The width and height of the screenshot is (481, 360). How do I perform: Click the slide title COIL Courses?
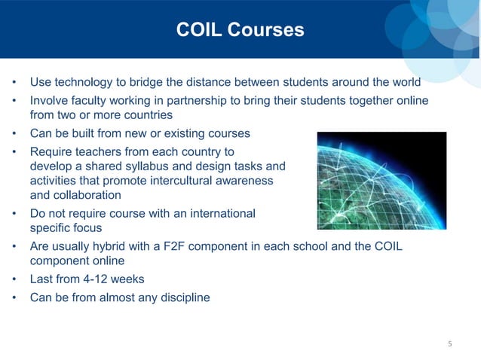point(240,29)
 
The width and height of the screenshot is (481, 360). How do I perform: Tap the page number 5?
point(450,344)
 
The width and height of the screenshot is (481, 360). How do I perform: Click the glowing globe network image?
point(381,180)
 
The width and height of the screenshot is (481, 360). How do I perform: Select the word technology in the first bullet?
point(81,82)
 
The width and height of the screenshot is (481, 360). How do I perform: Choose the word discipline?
point(182,297)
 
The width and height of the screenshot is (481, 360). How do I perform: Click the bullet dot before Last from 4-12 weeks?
point(14,279)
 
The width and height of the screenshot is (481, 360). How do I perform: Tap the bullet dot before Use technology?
point(14,82)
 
